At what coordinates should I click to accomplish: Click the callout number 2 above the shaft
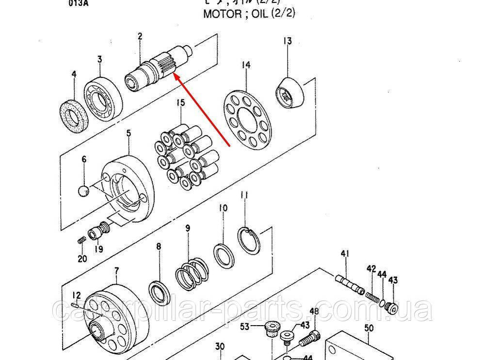point(140,36)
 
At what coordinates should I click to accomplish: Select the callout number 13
point(288,41)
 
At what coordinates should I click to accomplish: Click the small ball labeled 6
point(83,191)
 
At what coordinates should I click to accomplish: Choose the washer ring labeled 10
point(224,255)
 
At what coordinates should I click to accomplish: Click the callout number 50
point(369,328)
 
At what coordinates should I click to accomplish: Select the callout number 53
point(244,327)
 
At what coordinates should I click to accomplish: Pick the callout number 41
point(345,253)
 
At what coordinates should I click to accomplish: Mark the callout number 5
point(129,132)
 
